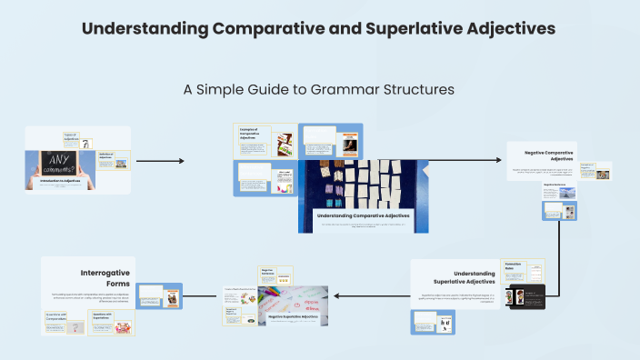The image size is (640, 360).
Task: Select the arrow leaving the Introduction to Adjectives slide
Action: pyautogui.click(x=159, y=161)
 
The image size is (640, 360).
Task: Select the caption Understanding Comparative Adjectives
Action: pyautogui.click(x=363, y=215)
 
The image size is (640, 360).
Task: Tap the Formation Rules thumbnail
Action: pyautogui.click(x=522, y=270)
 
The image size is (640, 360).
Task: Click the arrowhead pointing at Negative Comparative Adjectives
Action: pyautogui.click(x=501, y=161)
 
